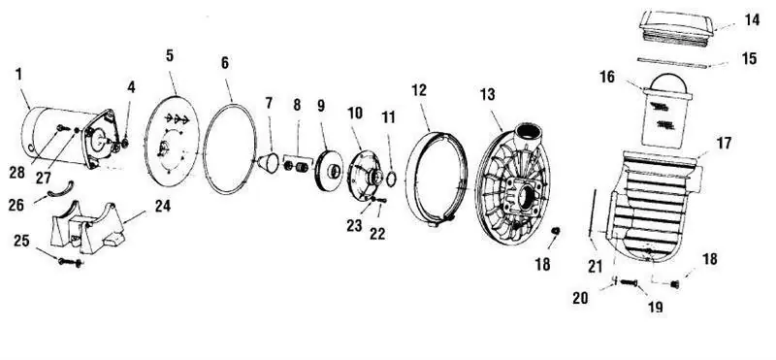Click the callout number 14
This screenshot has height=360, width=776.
pos(751,20)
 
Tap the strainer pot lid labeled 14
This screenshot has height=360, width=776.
pos(676,28)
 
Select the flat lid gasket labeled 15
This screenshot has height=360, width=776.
pos(673,62)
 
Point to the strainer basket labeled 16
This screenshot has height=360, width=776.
pos(666,111)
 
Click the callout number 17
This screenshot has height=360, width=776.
pos(725,144)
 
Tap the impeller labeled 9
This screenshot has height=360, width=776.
pos(328,171)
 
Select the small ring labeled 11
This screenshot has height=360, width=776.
pos(391,179)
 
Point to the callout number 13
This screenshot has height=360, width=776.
pos(488,94)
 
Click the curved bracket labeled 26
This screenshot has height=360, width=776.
pos(60,189)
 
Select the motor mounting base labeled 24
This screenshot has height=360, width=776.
pos(87,226)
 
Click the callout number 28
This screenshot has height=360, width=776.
pos(17,173)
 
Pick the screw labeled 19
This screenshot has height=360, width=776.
pos(628,282)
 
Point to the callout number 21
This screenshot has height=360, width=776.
pos(596,267)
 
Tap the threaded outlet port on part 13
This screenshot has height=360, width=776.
pos(528,133)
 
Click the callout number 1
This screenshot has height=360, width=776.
pos(18,75)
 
